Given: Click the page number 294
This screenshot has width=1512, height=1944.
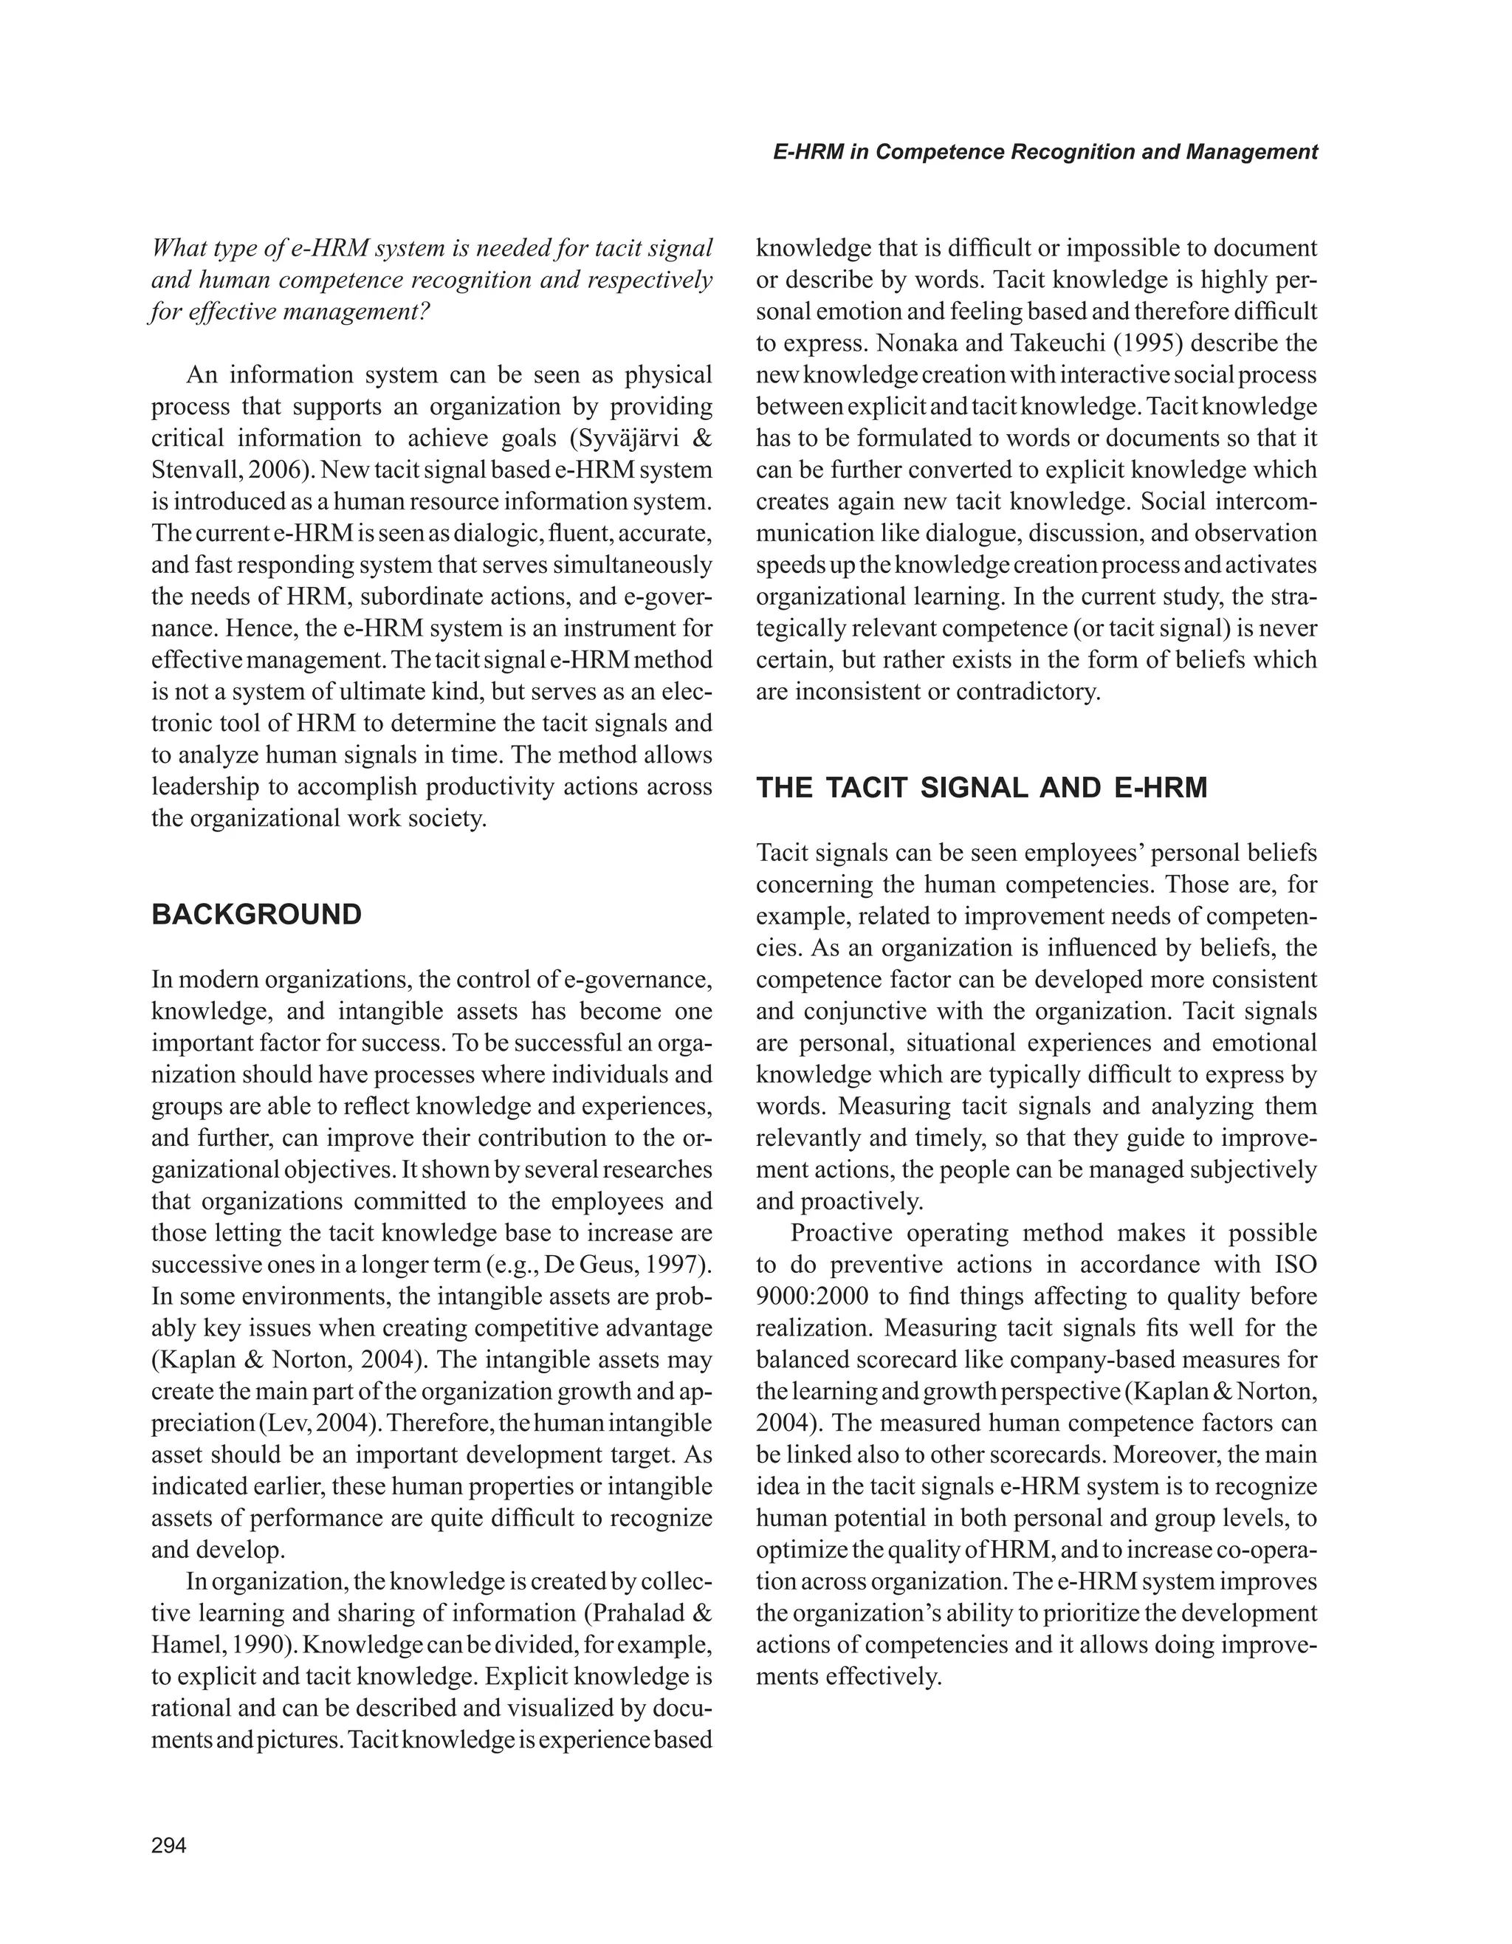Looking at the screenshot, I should coord(169,1846).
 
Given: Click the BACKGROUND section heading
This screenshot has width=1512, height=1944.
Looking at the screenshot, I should coord(256,915).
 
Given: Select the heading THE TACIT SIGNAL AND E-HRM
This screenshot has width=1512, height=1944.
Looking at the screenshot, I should coord(982,789).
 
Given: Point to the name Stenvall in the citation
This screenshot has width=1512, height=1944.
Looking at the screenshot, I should coord(186,471).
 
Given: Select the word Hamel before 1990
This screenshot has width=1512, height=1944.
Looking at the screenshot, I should coord(183,1645).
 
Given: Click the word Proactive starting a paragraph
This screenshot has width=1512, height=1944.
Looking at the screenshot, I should coord(848,1234).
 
